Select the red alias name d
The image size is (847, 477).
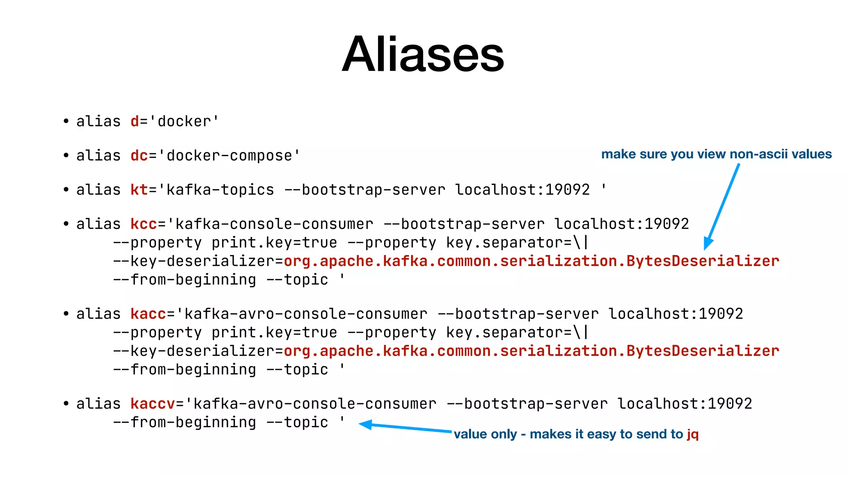point(135,122)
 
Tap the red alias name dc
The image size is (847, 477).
point(139,156)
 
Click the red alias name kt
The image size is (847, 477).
point(139,190)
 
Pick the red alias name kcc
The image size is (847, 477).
point(144,224)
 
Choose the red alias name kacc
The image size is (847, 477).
point(148,314)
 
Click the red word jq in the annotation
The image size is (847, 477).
point(693,434)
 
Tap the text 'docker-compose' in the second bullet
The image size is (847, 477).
point(229,156)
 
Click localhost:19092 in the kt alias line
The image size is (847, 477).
point(522,190)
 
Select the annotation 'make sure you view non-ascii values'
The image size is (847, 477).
point(716,154)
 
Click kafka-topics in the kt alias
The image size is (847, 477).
point(220,190)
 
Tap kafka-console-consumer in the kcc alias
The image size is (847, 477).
point(274,224)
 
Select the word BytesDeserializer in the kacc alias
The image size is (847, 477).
point(703,351)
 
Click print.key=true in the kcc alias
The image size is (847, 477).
point(274,243)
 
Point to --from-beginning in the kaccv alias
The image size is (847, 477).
point(185,423)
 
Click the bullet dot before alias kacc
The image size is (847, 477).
point(66,314)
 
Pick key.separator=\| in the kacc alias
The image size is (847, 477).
point(517,333)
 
